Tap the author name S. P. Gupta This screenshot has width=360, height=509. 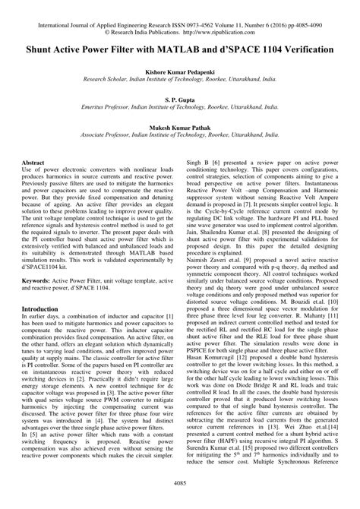180,99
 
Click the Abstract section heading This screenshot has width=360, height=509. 34,163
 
